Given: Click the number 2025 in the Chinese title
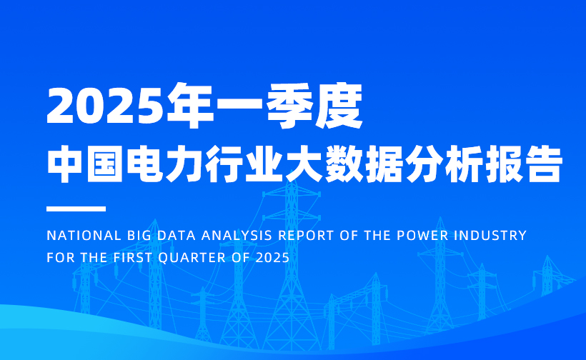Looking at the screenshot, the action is point(106,106).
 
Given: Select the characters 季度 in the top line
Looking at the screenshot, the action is point(314,106).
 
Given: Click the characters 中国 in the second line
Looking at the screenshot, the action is point(86,164).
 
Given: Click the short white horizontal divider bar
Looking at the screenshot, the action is point(76,209).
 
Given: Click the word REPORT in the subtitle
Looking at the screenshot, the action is point(306,236).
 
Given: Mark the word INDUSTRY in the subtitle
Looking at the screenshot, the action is point(491,236).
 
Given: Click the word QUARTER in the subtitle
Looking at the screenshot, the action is point(192,258).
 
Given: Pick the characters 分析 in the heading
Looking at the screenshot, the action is point(445,164).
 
